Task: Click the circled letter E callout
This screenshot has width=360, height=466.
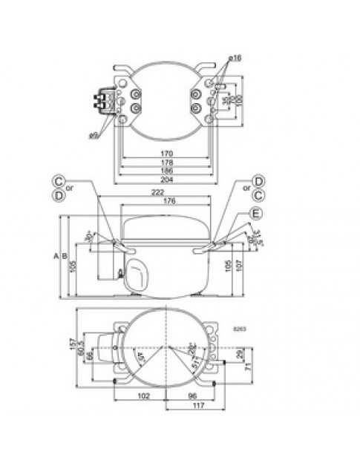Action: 257,214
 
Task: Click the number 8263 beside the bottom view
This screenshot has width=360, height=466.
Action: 239,327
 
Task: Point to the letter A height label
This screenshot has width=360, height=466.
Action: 56,256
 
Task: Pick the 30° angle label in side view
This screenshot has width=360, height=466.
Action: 91,237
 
